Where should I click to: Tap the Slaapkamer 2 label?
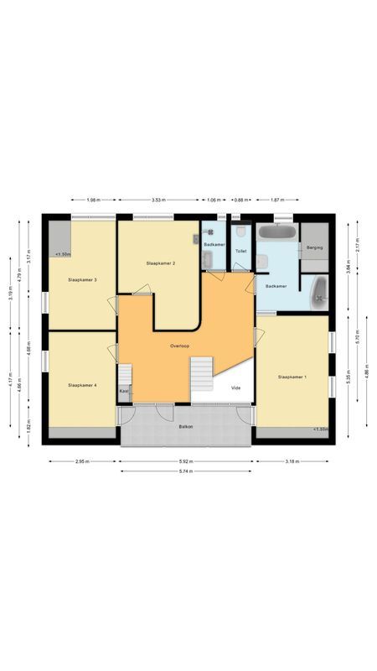(159, 263)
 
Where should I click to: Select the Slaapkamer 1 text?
(292, 377)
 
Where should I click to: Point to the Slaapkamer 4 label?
(82, 385)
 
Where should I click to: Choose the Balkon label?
(186, 428)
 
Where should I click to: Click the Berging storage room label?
(314, 248)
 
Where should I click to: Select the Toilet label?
(240, 251)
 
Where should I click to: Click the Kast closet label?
(124, 391)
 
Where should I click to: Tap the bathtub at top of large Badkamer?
(276, 231)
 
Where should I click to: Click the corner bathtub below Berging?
(319, 293)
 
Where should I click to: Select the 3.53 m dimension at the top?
(158, 200)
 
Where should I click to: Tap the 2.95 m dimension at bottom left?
(81, 460)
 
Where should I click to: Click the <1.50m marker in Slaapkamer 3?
(63, 254)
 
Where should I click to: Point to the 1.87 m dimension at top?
(276, 200)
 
